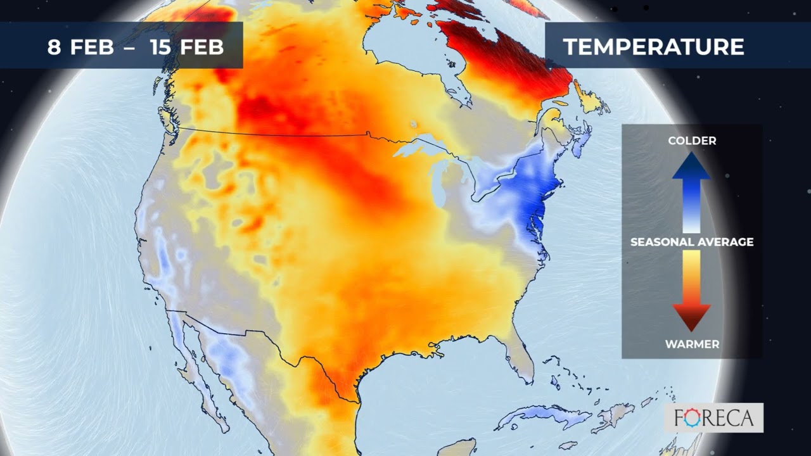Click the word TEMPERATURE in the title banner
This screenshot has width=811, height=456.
(x=653, y=47)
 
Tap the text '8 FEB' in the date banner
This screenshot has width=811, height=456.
(x=80, y=47)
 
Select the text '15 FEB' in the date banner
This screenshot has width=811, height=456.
(x=187, y=47)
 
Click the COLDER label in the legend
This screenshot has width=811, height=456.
(x=692, y=141)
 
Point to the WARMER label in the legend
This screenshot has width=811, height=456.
(x=692, y=345)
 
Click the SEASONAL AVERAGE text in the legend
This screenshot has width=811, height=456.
(x=692, y=242)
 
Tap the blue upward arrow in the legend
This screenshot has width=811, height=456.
(x=691, y=190)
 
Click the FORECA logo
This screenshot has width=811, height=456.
(x=713, y=418)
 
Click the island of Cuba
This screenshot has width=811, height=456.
(x=545, y=415)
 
